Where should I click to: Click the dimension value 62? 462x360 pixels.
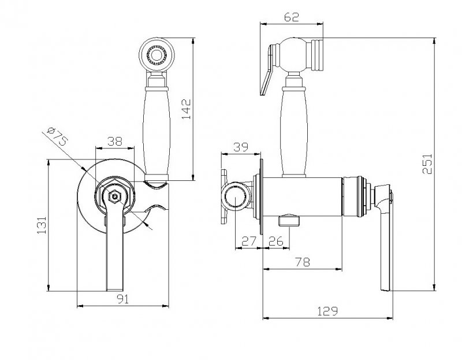tap(292, 17)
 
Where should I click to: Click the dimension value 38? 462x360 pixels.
tap(114, 141)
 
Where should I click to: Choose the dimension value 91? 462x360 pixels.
tap(123, 299)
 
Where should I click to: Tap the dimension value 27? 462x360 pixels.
tap(248, 242)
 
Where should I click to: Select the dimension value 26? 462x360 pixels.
tap(275, 242)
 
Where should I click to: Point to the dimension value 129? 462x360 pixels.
tap(327, 311)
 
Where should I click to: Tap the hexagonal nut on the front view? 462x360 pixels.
tap(115, 197)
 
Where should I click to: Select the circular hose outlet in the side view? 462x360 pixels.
tap(237, 198)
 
